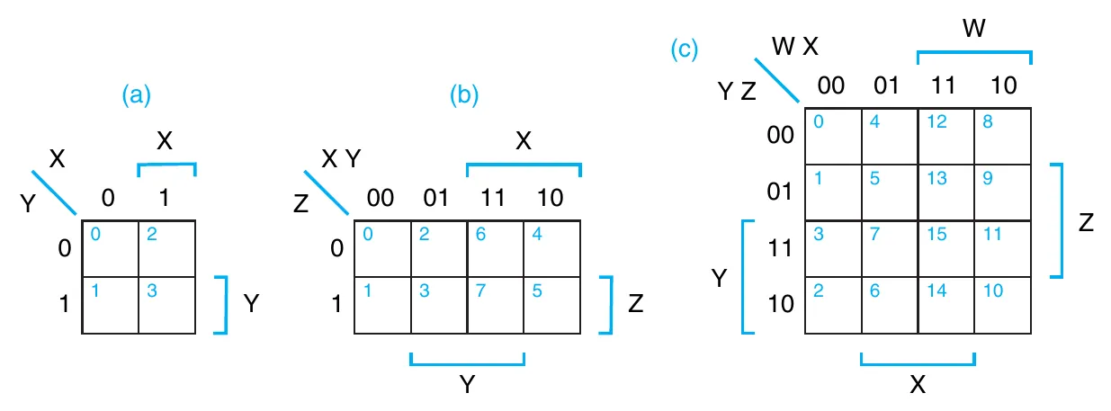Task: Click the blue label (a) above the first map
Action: click(137, 95)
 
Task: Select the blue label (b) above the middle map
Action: click(464, 95)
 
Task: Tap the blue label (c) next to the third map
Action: click(685, 49)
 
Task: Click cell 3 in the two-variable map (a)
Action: click(166, 305)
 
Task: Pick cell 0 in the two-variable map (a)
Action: click(110, 249)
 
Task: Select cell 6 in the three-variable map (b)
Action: click(495, 249)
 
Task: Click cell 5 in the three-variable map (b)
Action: click(551, 305)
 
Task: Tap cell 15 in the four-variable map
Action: click(945, 247)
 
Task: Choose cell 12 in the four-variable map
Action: click(945, 136)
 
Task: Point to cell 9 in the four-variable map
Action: click(1002, 192)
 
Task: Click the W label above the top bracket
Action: click(973, 30)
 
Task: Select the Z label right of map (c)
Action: click(1085, 221)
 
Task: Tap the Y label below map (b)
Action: click(467, 385)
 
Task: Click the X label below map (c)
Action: click(918, 385)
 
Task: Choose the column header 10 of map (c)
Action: click(1003, 85)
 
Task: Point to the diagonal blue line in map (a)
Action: click(54, 192)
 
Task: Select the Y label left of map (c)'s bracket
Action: click(720, 280)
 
